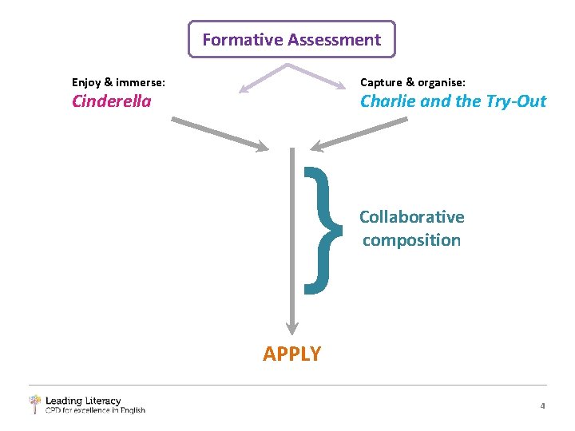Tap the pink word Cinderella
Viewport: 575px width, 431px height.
(112, 101)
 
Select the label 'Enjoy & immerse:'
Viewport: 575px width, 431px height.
(119, 81)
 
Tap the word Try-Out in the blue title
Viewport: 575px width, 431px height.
(516, 101)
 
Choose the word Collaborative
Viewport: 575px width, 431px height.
(411, 217)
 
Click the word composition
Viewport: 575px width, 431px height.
(411, 240)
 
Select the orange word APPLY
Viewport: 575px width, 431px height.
(292, 354)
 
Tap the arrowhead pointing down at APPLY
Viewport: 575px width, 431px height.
(292, 327)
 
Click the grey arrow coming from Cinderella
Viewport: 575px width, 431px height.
(220, 133)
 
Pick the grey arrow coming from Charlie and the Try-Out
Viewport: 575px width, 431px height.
(359, 133)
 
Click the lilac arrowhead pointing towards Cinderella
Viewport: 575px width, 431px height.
(246, 89)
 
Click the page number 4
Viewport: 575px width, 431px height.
(542, 406)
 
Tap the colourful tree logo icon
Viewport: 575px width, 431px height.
(34, 403)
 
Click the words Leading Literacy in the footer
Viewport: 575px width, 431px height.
(83, 401)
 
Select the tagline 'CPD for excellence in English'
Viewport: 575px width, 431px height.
(95, 410)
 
